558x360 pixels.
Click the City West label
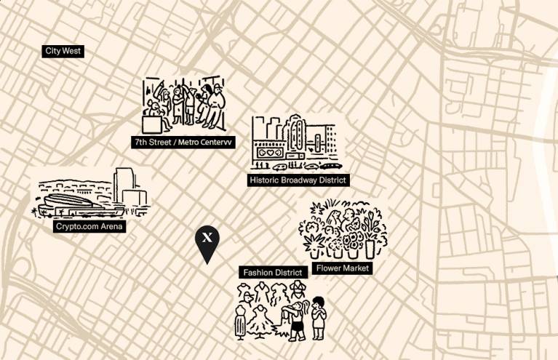pyautogui.click(x=63, y=51)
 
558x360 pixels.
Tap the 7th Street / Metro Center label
pyautogui.click(x=183, y=143)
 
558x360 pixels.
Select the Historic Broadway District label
pyautogui.click(x=298, y=180)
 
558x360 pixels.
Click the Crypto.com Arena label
pyautogui.click(x=90, y=227)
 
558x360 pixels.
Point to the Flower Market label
pyautogui.click(x=343, y=268)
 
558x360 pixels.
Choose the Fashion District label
pyautogui.click(x=272, y=273)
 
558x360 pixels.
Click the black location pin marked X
pyautogui.click(x=207, y=240)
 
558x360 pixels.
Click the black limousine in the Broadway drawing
pyautogui.click(x=329, y=166)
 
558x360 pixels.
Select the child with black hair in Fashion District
pyautogui.click(x=318, y=316)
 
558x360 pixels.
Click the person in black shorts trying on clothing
pyautogui.click(x=295, y=320)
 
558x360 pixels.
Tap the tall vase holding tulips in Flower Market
pyautogui.click(x=370, y=240)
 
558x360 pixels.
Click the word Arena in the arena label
pyautogui.click(x=111, y=227)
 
